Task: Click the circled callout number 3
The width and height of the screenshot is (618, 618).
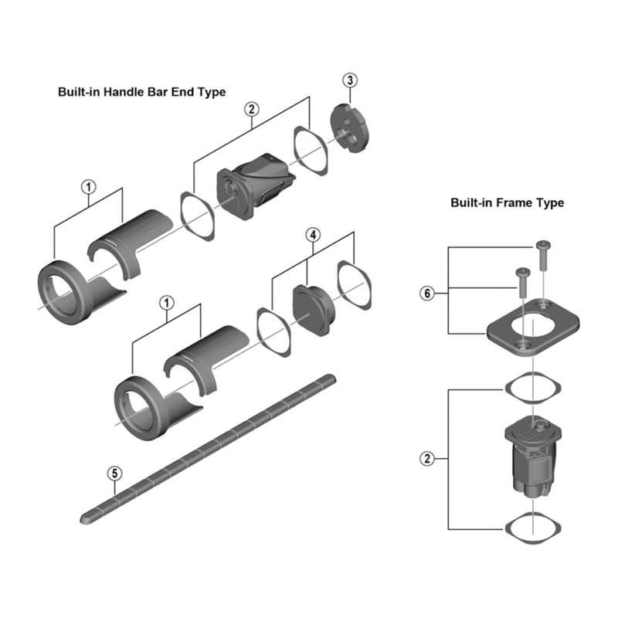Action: pos(351,81)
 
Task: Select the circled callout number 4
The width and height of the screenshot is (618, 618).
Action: pos(312,233)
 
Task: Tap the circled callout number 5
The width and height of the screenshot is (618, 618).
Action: pos(114,472)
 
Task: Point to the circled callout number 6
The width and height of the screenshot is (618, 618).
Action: pos(426,293)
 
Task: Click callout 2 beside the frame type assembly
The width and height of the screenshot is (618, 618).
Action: pos(426,458)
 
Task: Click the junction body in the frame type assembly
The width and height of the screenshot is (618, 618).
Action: pos(530,456)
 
